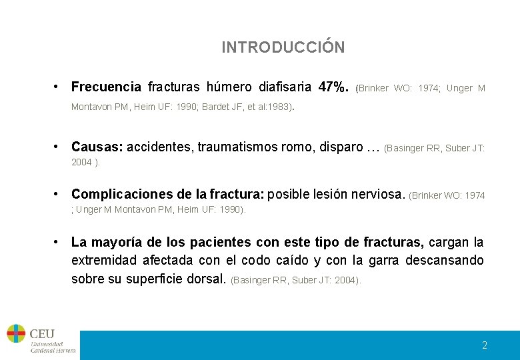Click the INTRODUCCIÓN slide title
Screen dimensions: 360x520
(283, 47)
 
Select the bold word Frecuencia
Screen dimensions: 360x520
(106, 87)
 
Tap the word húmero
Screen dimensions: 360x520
(229, 87)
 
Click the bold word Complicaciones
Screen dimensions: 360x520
(118, 194)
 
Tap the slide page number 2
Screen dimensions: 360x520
(485, 345)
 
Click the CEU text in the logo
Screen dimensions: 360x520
(42, 333)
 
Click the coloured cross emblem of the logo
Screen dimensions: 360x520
(16, 333)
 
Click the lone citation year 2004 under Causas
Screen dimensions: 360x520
(81, 162)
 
